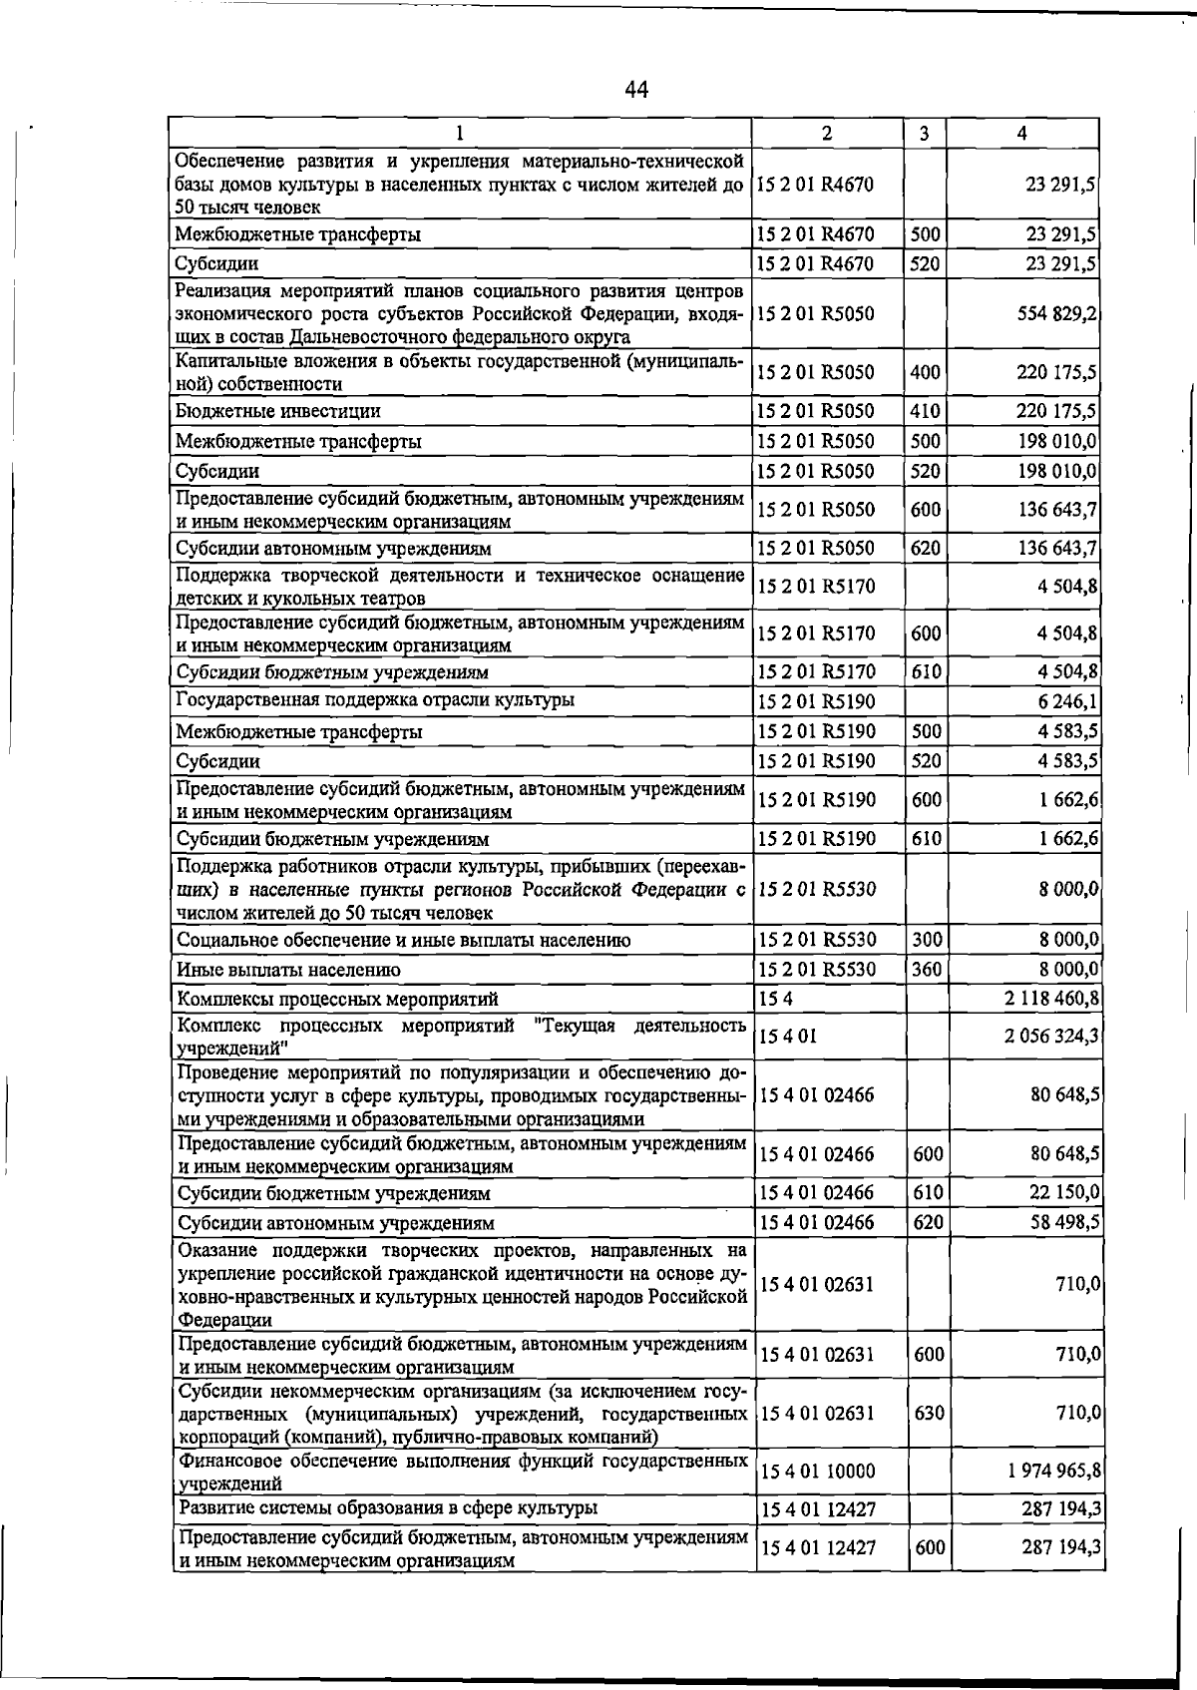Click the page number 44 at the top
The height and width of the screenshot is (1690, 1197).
pos(636,91)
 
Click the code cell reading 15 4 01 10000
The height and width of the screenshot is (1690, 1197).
pos(817,1472)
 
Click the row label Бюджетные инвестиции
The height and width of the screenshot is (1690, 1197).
pos(278,411)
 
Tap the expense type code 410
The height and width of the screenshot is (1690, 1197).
pos(926,411)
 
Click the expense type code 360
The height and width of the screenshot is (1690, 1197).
pos(927,969)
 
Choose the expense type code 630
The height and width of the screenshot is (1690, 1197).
pos(929,1414)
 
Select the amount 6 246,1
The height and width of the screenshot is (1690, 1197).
pos(1069,701)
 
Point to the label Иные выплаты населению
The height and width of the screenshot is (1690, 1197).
pos(288,970)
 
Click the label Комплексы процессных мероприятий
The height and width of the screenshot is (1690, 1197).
pos(337,999)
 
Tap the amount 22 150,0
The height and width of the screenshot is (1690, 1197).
pos(1064,1192)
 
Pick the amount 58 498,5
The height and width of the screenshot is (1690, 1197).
pos(1064,1222)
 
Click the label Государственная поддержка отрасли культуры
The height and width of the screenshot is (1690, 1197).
pos(375,700)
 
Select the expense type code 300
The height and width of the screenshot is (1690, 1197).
pos(927,940)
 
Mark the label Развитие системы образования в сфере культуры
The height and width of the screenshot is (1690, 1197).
pos(388,1507)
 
